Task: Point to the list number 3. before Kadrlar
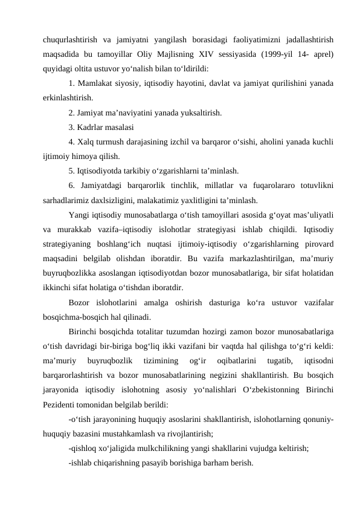(72, 127)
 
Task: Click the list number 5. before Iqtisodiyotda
(72, 170)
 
